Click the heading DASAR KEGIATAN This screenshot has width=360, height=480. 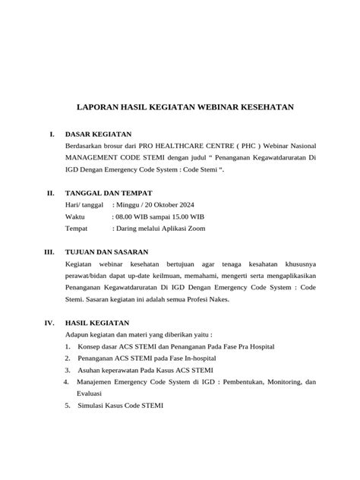(99, 134)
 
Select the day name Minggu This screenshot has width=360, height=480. (127, 204)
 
